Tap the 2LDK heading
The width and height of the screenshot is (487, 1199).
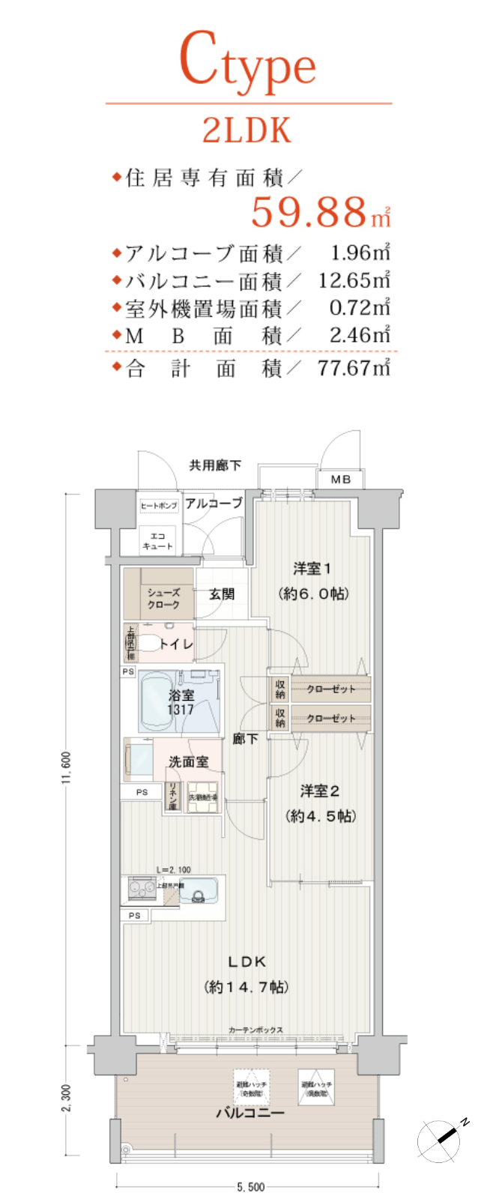(x=246, y=131)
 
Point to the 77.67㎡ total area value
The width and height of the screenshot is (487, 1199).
(x=354, y=368)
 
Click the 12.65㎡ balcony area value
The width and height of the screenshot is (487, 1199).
(x=354, y=280)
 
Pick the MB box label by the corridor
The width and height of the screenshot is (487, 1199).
(x=341, y=479)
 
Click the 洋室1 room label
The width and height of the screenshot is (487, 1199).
(x=312, y=569)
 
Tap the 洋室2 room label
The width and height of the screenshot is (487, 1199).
(x=320, y=791)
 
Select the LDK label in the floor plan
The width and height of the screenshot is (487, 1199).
(x=246, y=961)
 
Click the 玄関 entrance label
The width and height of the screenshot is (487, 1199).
(x=222, y=594)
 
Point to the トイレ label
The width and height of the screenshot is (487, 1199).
(x=176, y=644)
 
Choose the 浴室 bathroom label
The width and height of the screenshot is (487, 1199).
(x=181, y=695)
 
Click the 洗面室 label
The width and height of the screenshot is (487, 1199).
(x=188, y=762)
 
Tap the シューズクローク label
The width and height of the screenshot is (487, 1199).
(x=163, y=598)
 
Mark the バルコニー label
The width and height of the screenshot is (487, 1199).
(x=250, y=1113)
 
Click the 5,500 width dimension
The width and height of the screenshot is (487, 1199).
(x=250, y=1187)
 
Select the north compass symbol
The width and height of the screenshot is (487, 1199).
(x=444, y=1140)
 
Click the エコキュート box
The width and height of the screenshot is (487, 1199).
(x=158, y=541)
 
